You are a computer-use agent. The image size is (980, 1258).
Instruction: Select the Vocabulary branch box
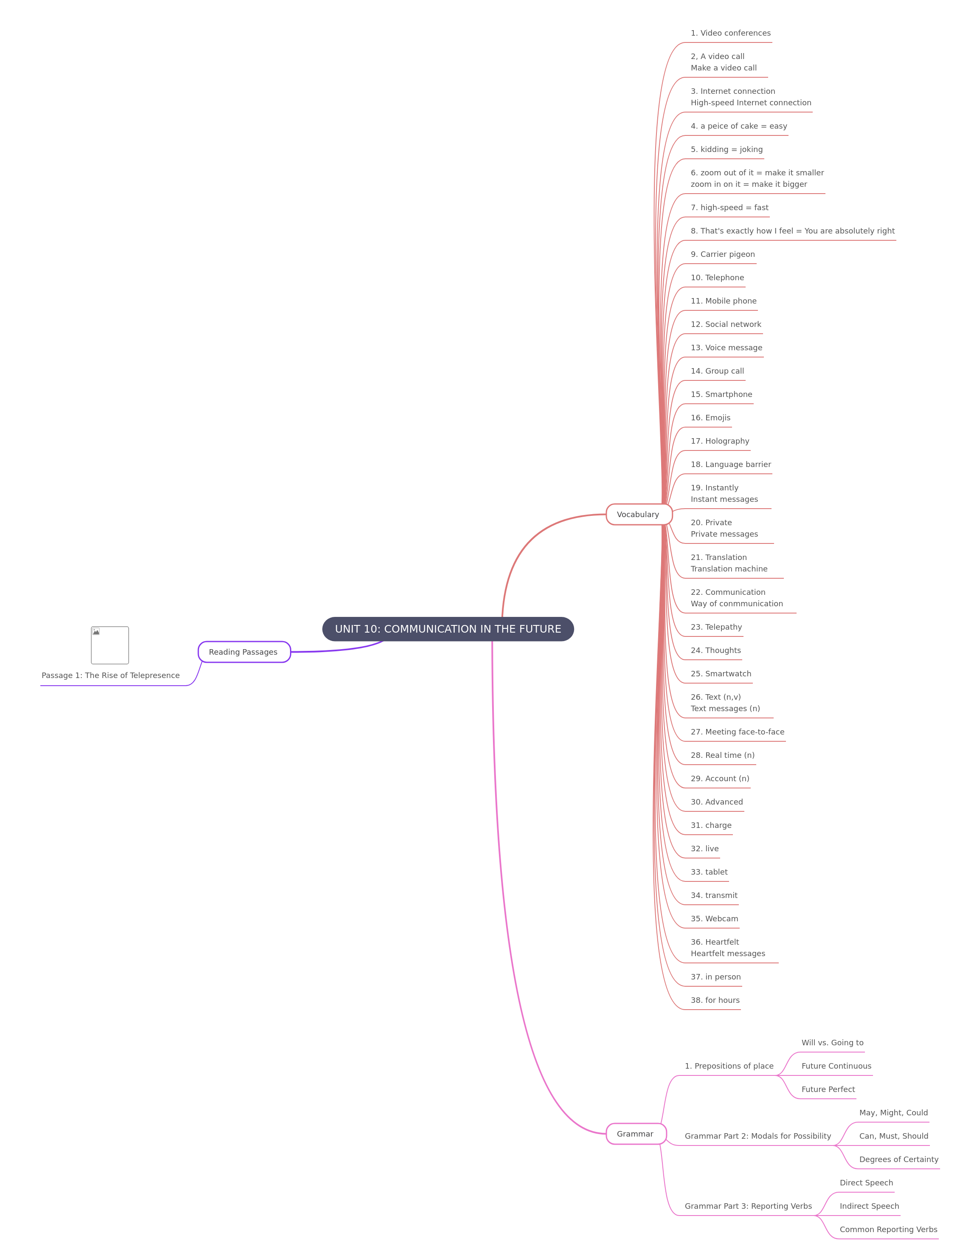point(639,515)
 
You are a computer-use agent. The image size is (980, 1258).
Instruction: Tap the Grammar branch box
point(636,1134)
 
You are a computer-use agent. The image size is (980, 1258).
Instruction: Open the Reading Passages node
point(244,652)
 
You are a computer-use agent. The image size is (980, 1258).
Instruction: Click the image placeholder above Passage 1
point(110,645)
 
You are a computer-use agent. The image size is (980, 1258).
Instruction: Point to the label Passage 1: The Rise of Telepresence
point(111,675)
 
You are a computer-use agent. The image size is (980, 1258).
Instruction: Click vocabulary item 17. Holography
point(720,441)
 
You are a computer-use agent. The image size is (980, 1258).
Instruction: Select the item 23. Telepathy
point(716,627)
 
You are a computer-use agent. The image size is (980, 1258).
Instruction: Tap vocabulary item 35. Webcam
point(714,919)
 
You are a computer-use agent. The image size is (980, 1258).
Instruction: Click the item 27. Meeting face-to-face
point(738,732)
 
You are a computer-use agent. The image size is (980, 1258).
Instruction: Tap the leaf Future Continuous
point(836,1066)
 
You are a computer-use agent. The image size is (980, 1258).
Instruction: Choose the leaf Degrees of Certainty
point(899,1159)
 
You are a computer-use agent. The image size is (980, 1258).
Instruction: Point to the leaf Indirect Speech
point(869,1206)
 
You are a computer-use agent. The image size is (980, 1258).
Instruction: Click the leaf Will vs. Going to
point(833,1043)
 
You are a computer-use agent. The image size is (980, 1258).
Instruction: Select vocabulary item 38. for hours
point(715,1001)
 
